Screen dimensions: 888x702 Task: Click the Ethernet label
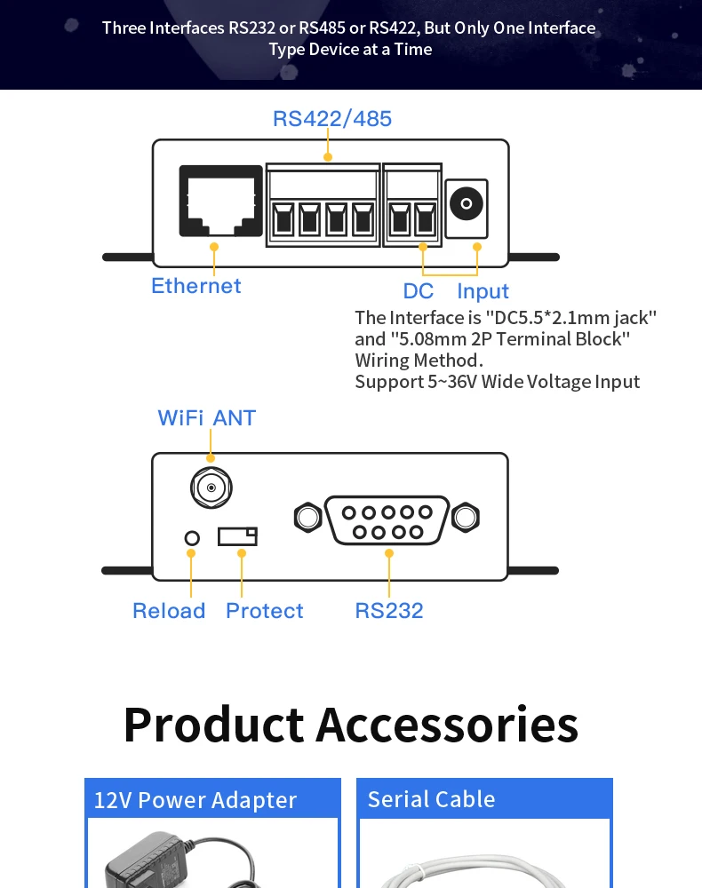click(x=195, y=286)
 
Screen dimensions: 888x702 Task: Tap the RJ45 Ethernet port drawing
click(x=214, y=202)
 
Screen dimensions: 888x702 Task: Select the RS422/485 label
click(x=331, y=119)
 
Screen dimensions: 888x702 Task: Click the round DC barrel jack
click(x=466, y=205)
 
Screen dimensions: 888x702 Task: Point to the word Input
click(x=483, y=291)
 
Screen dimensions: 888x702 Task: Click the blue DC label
click(x=419, y=291)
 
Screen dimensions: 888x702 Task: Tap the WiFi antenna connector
click(x=211, y=488)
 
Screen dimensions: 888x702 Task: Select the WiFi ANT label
click(x=206, y=418)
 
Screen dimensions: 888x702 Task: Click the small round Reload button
click(x=191, y=537)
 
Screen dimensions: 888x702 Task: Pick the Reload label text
click(x=169, y=611)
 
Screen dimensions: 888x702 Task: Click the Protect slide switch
click(x=238, y=536)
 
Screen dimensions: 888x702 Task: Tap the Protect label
click(x=264, y=611)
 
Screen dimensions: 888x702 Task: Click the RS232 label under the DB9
click(x=389, y=611)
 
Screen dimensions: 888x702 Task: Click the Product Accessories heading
click(x=351, y=724)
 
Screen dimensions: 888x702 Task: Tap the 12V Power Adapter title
click(x=195, y=800)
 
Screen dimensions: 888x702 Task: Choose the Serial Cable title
click(x=431, y=799)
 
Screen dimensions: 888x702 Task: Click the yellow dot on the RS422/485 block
click(x=328, y=157)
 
